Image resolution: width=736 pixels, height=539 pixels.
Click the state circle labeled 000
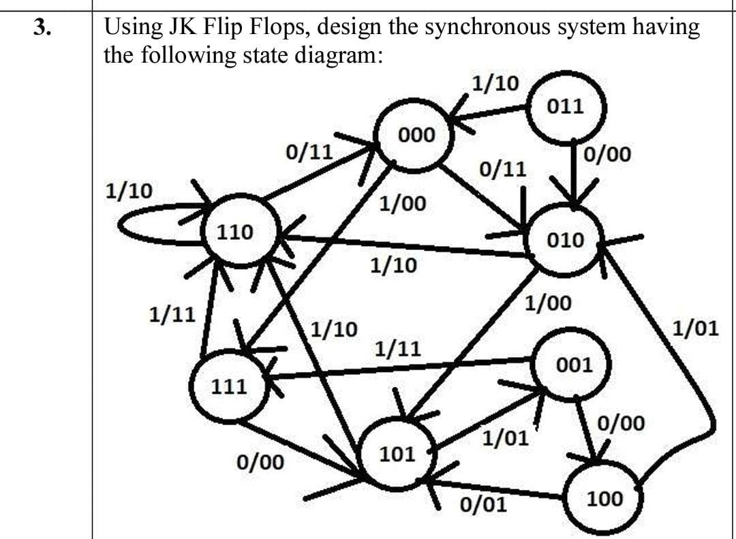tap(416, 136)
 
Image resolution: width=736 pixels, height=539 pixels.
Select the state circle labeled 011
tap(565, 106)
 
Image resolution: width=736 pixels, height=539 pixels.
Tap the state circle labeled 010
tap(565, 240)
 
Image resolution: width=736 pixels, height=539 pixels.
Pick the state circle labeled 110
tap(236, 232)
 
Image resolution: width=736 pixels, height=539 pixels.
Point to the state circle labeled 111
tap(229, 387)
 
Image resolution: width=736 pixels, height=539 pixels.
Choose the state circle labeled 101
tap(397, 454)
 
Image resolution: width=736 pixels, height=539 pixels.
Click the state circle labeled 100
tap(604, 499)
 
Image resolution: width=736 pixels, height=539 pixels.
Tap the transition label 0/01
tap(483, 506)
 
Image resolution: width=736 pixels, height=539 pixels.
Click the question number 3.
tap(43, 27)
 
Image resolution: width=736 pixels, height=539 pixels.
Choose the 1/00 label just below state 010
tap(549, 303)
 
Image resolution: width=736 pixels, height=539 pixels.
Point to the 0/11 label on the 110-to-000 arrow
tap(309, 151)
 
